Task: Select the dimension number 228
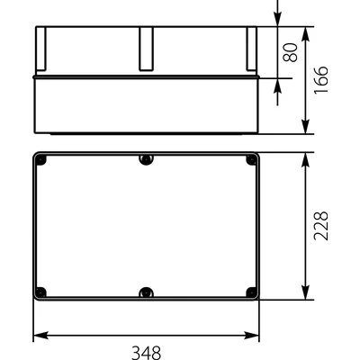tap(321, 226)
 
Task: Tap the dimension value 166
tap(321, 80)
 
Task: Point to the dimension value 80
tap(290, 52)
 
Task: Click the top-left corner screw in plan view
tap(41, 160)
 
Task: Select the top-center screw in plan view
tap(146, 160)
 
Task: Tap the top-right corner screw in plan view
tap(251, 160)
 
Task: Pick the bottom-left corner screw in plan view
tap(41, 292)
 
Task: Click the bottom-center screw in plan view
tap(146, 292)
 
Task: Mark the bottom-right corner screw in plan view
tap(251, 292)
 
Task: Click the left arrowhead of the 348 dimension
tap(38, 337)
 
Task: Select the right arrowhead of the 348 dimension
tap(255, 337)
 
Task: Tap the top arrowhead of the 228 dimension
tap(306, 157)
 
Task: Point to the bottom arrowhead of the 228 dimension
tap(306, 294)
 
